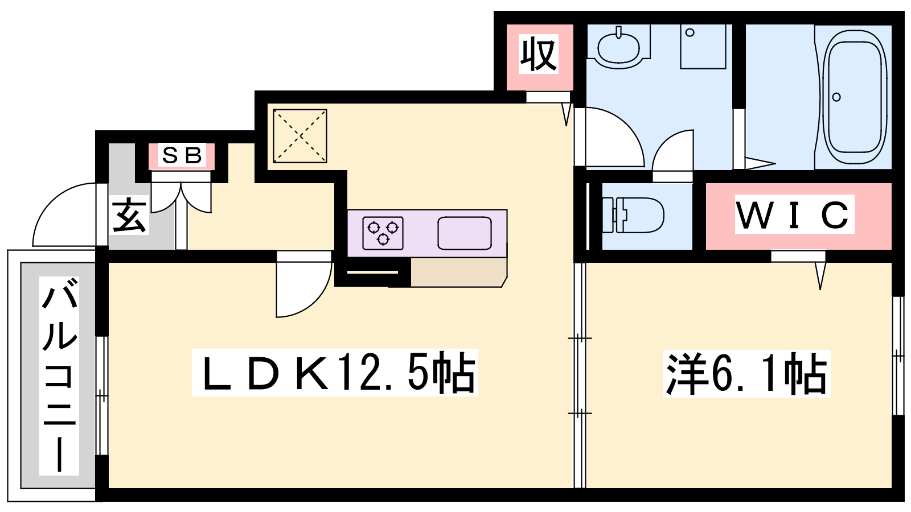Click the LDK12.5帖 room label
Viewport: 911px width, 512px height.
[x=335, y=372]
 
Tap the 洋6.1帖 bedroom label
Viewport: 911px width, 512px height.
[x=746, y=373]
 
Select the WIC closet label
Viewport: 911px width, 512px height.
[x=794, y=214]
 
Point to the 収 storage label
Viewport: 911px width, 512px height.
[x=538, y=54]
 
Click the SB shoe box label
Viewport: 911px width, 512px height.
[x=182, y=155]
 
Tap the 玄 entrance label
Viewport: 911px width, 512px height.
[x=129, y=215]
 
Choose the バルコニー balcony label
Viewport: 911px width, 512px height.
[x=59, y=376]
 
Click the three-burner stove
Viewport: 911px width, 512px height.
[x=383, y=233]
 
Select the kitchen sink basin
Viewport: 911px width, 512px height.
[x=465, y=233]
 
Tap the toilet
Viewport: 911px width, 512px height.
[x=633, y=215]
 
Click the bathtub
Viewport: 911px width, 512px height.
[x=855, y=97]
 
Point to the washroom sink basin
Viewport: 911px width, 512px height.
[x=618, y=47]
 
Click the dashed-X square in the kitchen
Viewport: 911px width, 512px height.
[x=299, y=136]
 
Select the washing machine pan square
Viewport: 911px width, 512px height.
[x=703, y=46]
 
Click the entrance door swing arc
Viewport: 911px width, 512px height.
[x=64, y=214]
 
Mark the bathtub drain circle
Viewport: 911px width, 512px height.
[x=836, y=97]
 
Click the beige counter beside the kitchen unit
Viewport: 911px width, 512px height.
[x=459, y=272]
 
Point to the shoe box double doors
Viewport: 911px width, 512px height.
[x=182, y=197]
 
